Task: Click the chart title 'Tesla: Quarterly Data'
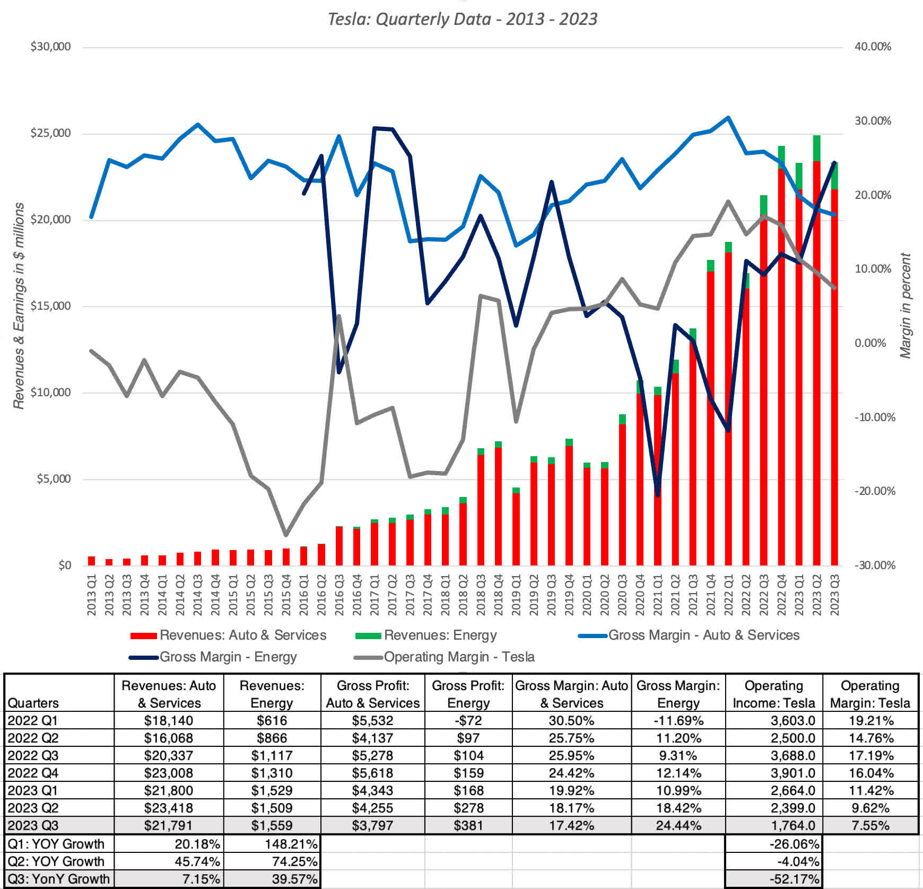(462, 19)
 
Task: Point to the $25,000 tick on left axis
(50, 133)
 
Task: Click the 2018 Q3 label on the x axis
(481, 595)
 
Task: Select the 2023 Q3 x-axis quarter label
(834, 595)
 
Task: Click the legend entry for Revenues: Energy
(440, 635)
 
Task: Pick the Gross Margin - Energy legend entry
(228, 657)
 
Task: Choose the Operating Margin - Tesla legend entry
(459, 657)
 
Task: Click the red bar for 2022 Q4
(781, 371)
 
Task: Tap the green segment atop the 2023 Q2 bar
(817, 148)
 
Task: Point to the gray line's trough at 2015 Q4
(286, 535)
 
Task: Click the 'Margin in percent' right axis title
(905, 306)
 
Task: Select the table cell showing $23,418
(169, 808)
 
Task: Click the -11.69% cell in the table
(678, 721)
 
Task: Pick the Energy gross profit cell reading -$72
(468, 721)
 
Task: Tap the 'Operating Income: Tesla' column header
(773, 694)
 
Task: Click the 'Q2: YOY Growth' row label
(56, 861)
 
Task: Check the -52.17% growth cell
(794, 879)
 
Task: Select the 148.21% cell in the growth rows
(294, 844)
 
